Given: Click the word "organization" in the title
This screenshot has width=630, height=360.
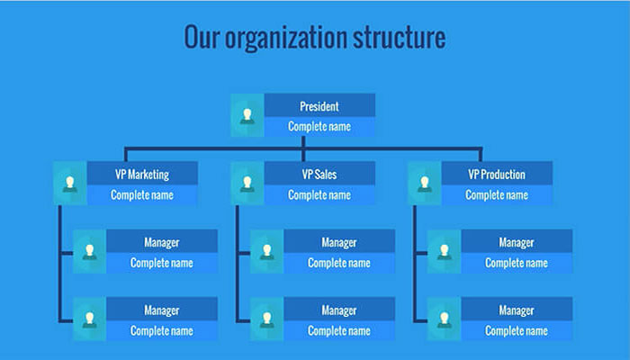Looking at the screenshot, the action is (285, 38).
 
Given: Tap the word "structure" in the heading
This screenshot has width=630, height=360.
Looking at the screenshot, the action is (400, 37).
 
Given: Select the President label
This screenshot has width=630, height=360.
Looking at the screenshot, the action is (319, 106).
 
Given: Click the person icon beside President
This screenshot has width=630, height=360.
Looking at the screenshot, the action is (247, 115).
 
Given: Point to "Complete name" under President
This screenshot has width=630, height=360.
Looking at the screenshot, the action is (319, 127).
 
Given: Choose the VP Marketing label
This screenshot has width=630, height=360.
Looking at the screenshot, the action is (142, 175).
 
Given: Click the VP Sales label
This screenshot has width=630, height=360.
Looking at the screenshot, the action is (319, 175).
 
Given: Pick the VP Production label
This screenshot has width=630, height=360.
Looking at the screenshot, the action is (497, 175).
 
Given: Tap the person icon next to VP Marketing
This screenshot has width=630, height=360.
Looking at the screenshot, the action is (70, 184).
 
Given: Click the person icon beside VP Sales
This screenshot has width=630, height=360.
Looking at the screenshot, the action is (247, 184).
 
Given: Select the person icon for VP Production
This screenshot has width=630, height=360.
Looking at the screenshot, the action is (424, 184).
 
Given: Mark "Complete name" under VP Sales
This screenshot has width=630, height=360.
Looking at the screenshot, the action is (319, 195).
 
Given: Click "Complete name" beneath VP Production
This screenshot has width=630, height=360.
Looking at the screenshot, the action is (497, 195).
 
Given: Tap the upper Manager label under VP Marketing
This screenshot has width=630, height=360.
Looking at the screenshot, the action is (161, 243).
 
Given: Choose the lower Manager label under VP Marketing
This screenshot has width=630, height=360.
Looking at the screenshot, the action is (161, 310).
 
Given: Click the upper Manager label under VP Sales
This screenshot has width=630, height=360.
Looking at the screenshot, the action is (339, 243).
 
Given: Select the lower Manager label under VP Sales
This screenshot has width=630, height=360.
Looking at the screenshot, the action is (339, 310).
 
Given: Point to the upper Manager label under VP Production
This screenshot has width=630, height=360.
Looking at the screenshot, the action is (517, 243).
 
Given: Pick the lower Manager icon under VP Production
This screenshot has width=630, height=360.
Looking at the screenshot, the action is (444, 319).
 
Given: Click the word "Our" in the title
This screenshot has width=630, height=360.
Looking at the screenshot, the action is (202, 37).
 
